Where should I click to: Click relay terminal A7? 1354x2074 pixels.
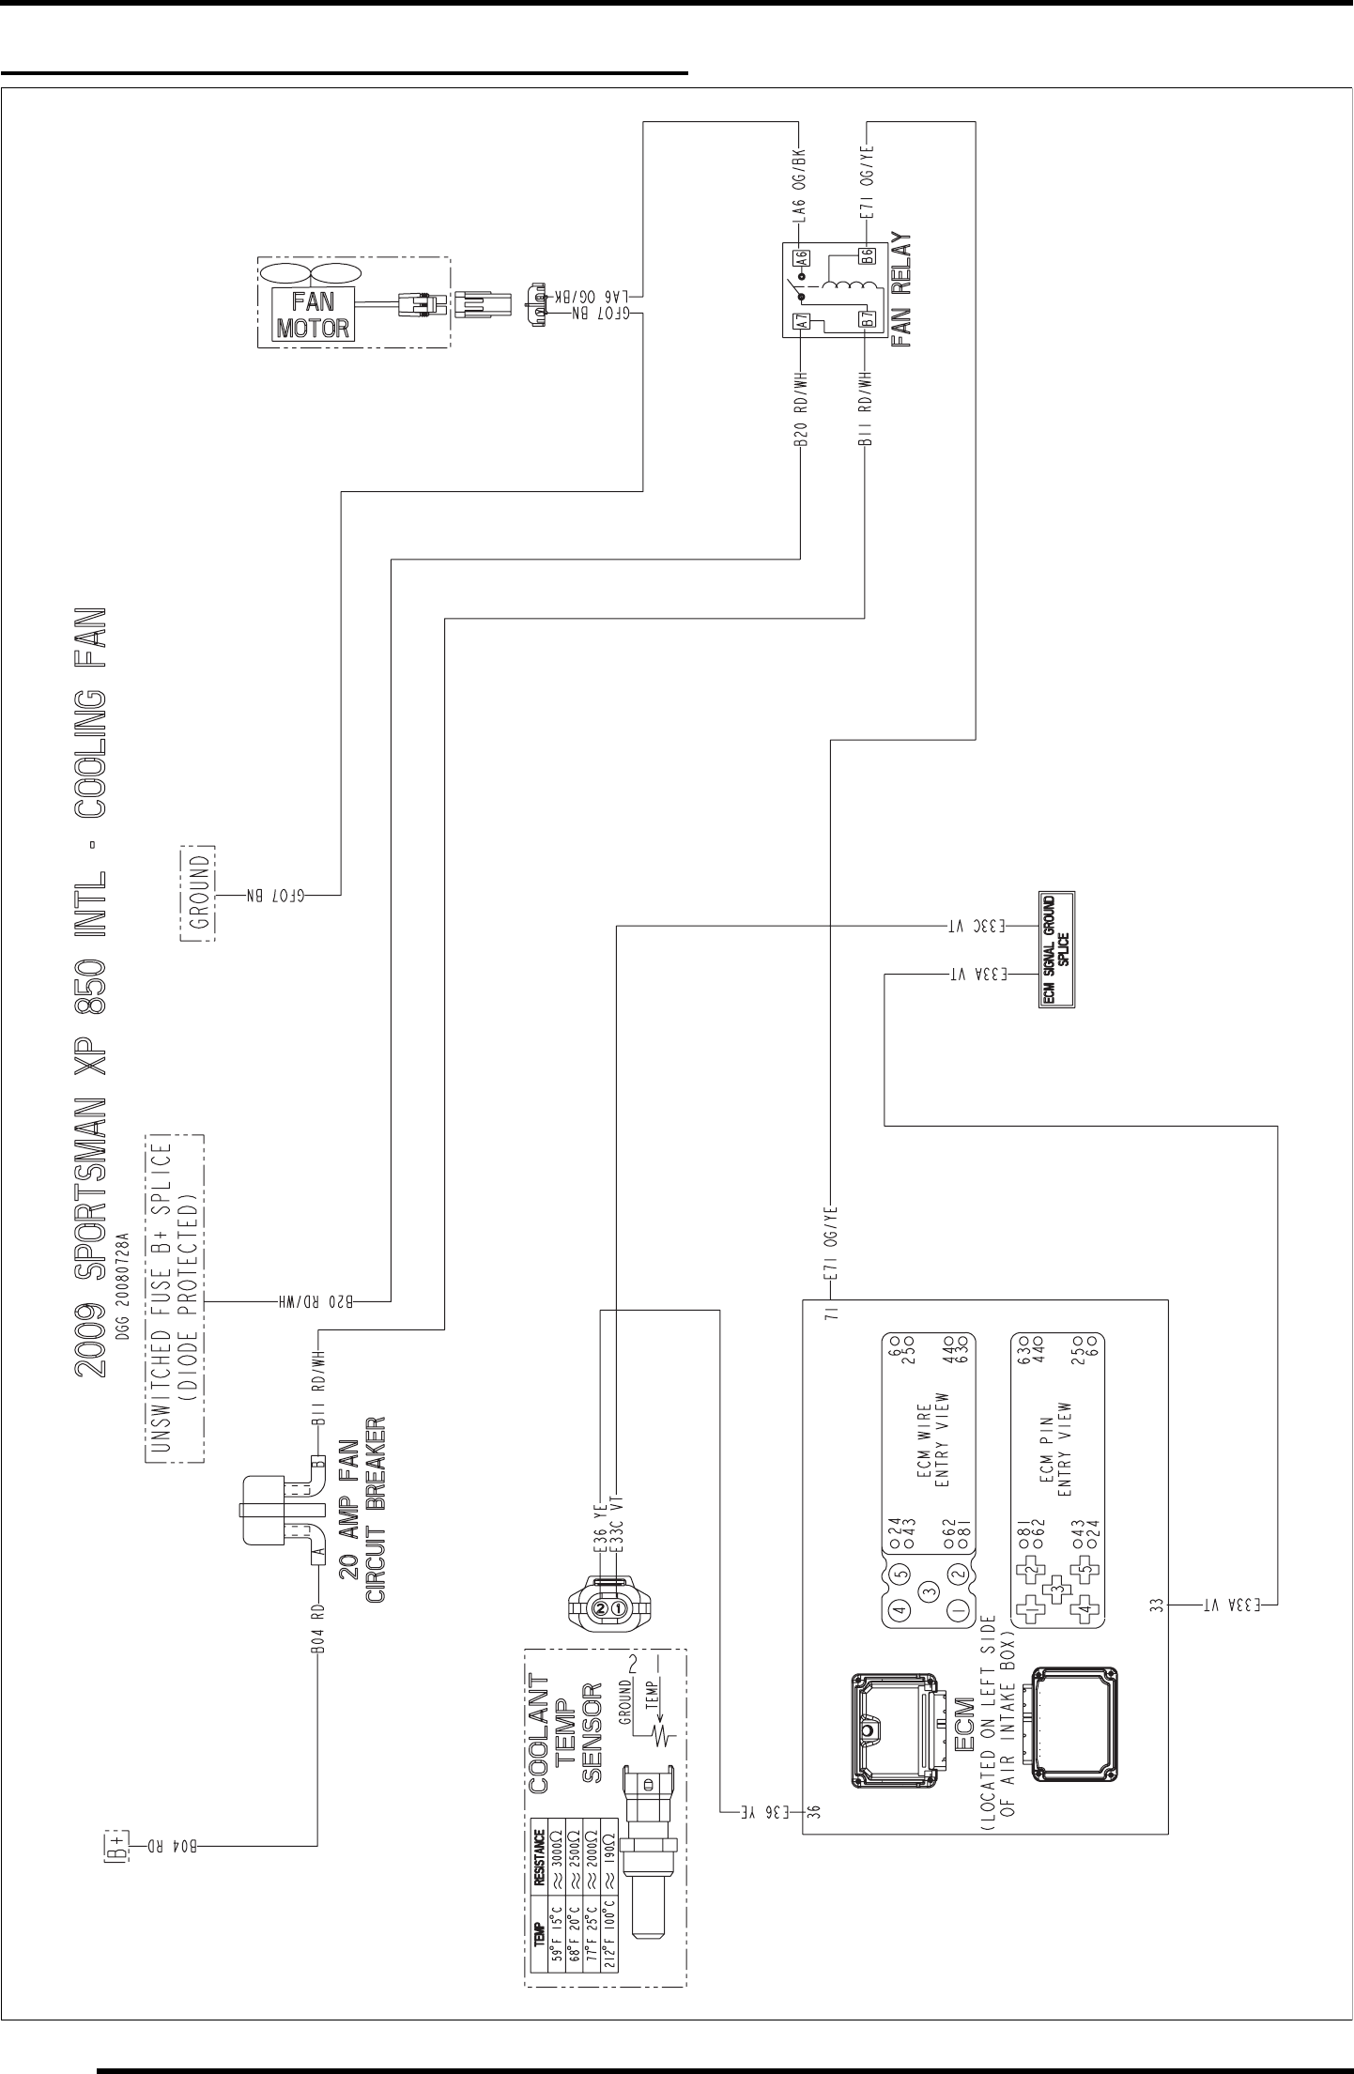[x=803, y=320]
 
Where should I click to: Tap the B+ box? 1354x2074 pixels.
[x=114, y=1844]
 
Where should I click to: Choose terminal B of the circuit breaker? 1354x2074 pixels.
[x=319, y=1464]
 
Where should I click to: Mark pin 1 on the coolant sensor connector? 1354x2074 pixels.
[x=619, y=1608]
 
